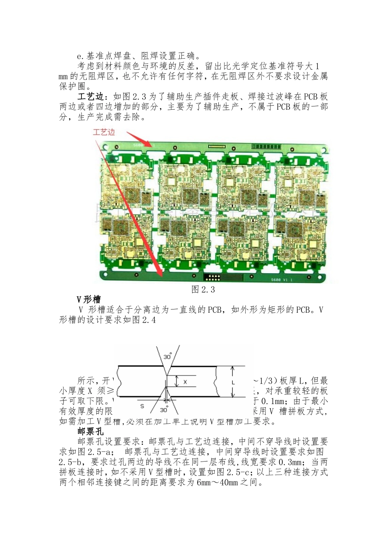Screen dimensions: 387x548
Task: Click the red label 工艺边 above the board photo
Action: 104,132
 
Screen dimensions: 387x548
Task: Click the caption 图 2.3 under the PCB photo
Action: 203,289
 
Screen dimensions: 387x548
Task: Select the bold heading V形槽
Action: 88,300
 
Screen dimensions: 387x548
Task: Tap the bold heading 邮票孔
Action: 90,431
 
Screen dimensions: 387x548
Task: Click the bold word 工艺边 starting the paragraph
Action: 90,97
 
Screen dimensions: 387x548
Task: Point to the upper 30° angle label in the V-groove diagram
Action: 167,357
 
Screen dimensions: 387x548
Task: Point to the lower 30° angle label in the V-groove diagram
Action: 164,410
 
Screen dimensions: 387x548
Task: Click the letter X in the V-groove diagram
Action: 185,382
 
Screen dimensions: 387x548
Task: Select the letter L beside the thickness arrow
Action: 233,382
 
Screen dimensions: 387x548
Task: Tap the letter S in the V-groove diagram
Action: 142,406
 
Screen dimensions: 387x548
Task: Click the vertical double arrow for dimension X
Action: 176,382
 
